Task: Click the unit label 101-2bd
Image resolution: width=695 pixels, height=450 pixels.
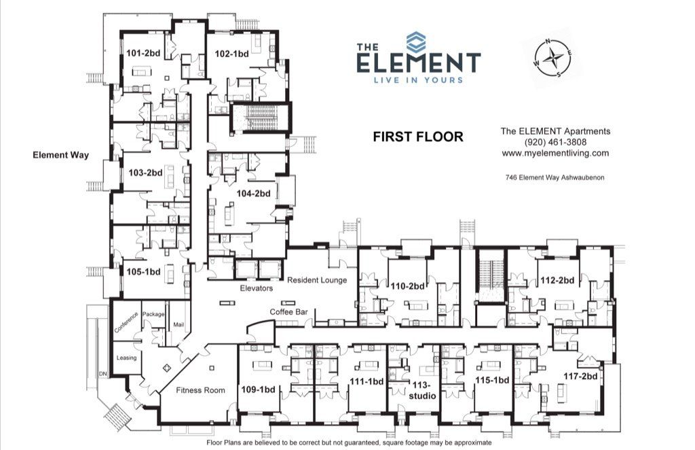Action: click(143, 53)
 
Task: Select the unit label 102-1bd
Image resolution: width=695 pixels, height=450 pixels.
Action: click(231, 53)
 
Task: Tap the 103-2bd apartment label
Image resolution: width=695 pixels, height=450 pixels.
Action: click(145, 173)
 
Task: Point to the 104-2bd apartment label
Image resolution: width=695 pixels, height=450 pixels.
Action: click(253, 193)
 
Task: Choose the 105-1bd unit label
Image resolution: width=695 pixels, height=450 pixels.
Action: click(143, 271)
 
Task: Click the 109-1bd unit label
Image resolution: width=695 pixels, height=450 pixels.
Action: click(259, 390)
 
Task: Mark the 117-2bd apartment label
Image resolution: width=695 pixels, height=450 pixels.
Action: click(581, 376)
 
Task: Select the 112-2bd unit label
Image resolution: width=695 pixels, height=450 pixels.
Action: click(557, 280)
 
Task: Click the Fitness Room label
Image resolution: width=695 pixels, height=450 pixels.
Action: click(200, 390)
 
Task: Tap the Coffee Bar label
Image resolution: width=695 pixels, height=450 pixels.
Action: click(289, 311)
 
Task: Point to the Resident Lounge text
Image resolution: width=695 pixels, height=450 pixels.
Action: click(317, 280)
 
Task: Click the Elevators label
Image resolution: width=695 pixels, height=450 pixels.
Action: click(257, 288)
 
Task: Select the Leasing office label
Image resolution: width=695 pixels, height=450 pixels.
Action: click(126, 358)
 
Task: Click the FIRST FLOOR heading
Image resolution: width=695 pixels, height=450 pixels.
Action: click(418, 137)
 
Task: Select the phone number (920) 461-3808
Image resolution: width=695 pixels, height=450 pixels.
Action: click(555, 142)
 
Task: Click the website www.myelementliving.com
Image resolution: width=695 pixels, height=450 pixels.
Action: click(555, 153)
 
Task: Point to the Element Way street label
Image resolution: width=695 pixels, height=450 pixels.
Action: click(61, 155)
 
